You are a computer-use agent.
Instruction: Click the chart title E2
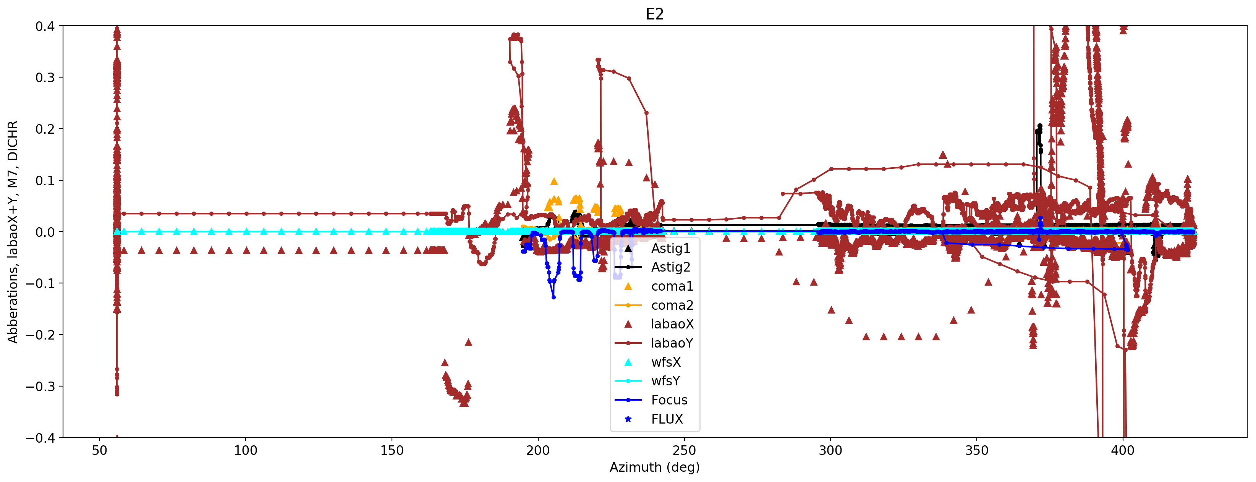click(654, 14)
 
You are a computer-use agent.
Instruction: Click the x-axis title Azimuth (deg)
click(654, 467)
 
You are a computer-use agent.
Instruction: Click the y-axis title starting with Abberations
click(13, 231)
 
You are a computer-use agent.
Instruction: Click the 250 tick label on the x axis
click(684, 450)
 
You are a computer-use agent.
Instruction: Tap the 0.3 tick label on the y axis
click(45, 78)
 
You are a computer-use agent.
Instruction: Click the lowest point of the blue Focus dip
click(554, 297)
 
